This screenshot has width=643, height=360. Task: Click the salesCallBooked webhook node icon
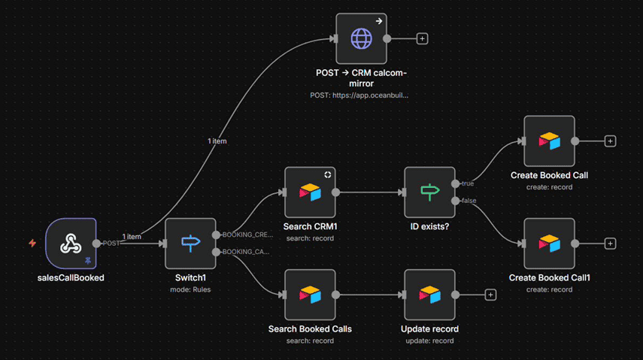(71, 244)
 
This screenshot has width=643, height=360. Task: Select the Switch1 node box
(190, 244)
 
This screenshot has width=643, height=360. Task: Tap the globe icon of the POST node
(361, 38)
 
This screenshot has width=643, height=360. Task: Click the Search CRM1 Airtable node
(310, 192)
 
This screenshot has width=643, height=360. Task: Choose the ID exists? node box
(429, 192)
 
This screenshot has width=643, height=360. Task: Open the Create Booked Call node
(549, 141)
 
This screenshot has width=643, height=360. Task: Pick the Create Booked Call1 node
(549, 244)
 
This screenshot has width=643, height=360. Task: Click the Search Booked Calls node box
(310, 295)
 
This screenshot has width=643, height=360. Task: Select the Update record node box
(429, 295)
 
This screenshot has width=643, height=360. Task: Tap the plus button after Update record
(490, 295)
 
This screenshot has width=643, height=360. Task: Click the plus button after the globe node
(422, 38)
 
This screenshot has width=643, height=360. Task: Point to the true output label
(468, 183)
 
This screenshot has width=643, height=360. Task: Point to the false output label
(469, 201)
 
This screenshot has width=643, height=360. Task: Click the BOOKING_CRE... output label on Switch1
(247, 234)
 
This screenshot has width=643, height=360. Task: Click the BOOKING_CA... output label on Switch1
(246, 252)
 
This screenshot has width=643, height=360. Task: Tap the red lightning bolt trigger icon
(32, 244)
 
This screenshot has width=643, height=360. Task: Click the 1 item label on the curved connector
(217, 141)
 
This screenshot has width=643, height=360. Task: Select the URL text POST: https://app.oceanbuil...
(359, 95)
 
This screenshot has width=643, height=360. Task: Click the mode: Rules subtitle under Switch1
(190, 289)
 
